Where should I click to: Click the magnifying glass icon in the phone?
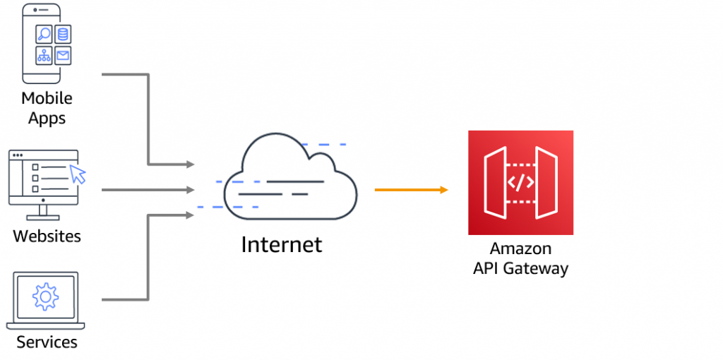(44, 33)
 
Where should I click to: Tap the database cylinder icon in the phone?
(64, 33)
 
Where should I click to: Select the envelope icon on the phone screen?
(64, 55)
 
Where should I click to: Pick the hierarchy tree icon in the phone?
(44, 55)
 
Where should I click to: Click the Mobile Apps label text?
(47, 107)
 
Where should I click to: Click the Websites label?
(47, 235)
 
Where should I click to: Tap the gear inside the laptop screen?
(45, 297)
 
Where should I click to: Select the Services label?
(47, 342)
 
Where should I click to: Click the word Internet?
(281, 244)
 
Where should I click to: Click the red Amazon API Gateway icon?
(520, 182)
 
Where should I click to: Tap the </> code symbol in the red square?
(520, 182)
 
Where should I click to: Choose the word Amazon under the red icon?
(520, 248)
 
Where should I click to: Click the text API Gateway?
(520, 268)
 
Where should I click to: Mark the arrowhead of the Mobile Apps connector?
(190, 164)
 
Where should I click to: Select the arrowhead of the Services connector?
(190, 214)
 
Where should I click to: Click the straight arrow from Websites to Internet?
(148, 189)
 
